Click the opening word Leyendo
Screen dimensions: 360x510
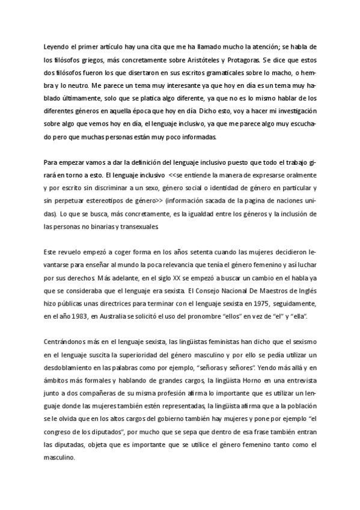click(57, 48)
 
